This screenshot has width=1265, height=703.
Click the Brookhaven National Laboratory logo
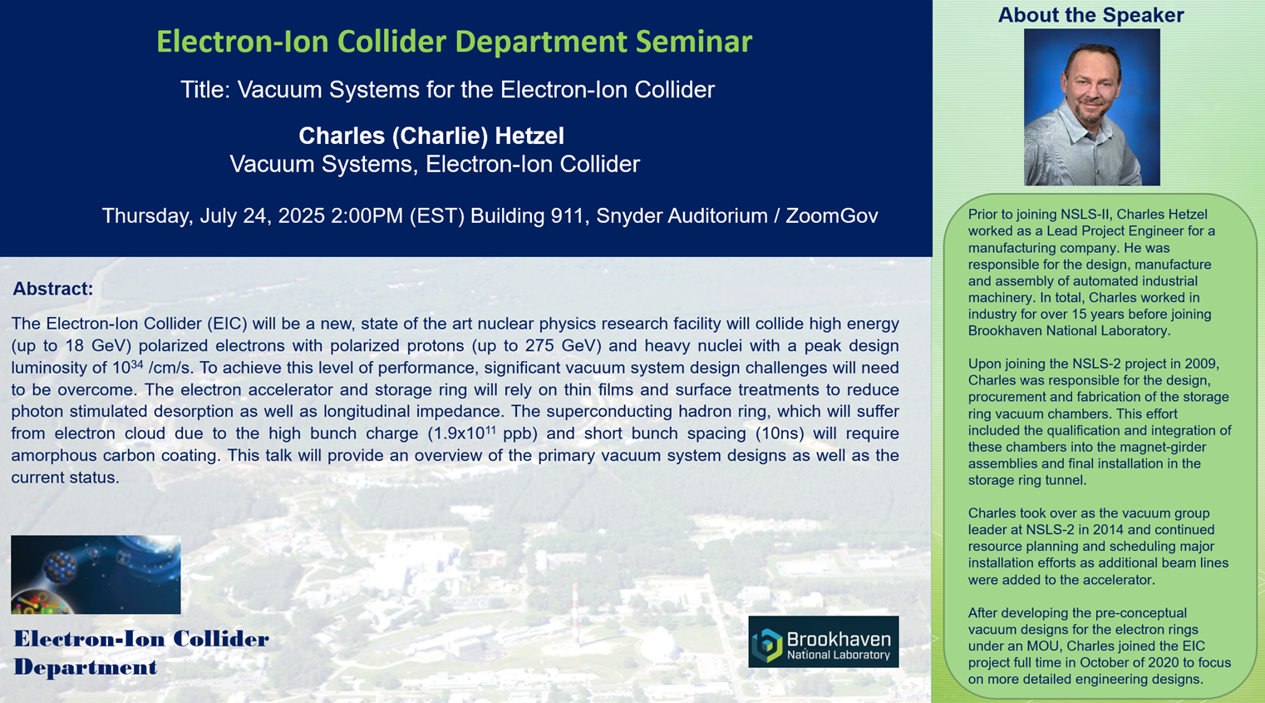824,642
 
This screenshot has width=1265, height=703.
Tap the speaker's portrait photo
1092,107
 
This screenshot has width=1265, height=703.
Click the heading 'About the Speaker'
1091,15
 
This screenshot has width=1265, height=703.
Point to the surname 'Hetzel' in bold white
529,136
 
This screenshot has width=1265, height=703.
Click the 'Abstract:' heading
53,289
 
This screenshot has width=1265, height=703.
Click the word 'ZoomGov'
831,215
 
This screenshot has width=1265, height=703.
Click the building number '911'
569,215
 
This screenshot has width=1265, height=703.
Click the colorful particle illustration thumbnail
96,575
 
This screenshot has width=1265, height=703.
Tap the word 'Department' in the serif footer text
86,667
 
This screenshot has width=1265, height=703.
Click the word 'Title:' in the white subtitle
205,90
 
